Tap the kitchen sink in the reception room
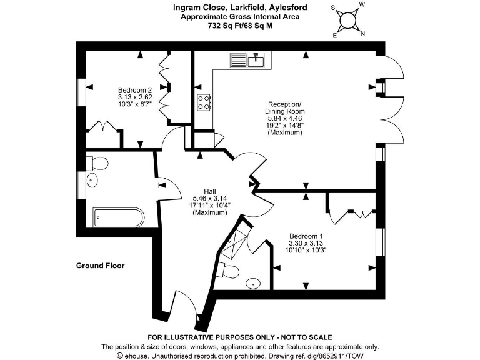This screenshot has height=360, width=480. tap(249, 61)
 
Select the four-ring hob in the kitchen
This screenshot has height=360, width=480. tap(204, 102)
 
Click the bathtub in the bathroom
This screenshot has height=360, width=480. tap(119, 217)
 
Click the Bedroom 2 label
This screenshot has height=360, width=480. tap(135, 90)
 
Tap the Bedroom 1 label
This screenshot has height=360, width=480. tap(307, 236)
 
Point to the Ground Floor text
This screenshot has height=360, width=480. tap(100, 266)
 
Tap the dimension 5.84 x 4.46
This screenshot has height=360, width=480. tap(285, 118)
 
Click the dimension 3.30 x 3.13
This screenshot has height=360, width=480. tap(307, 243)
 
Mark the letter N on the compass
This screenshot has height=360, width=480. tap(363, 34)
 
